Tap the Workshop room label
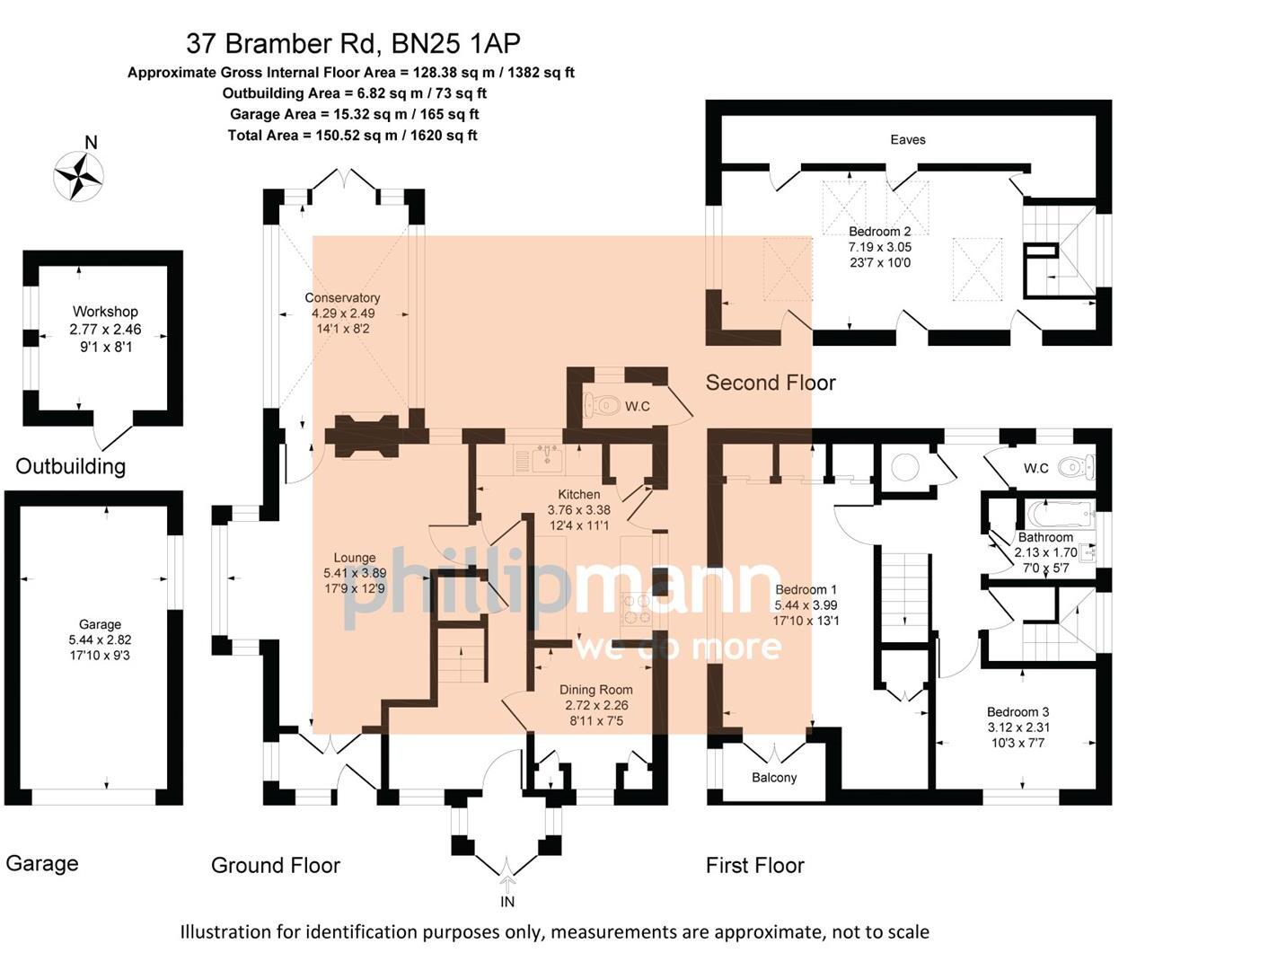point(105,312)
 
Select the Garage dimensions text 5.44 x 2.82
point(100,639)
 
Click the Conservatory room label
point(342,298)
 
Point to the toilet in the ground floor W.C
point(603,406)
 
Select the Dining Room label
point(595,690)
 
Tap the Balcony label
point(773,778)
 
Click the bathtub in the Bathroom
point(1060,516)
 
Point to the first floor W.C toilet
point(1072,467)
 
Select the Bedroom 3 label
point(1017,712)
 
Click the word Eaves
point(907,139)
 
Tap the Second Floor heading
point(770,383)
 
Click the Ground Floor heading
point(275,865)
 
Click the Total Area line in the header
point(352,136)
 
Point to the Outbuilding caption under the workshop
point(70,466)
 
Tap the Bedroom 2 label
point(879,232)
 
